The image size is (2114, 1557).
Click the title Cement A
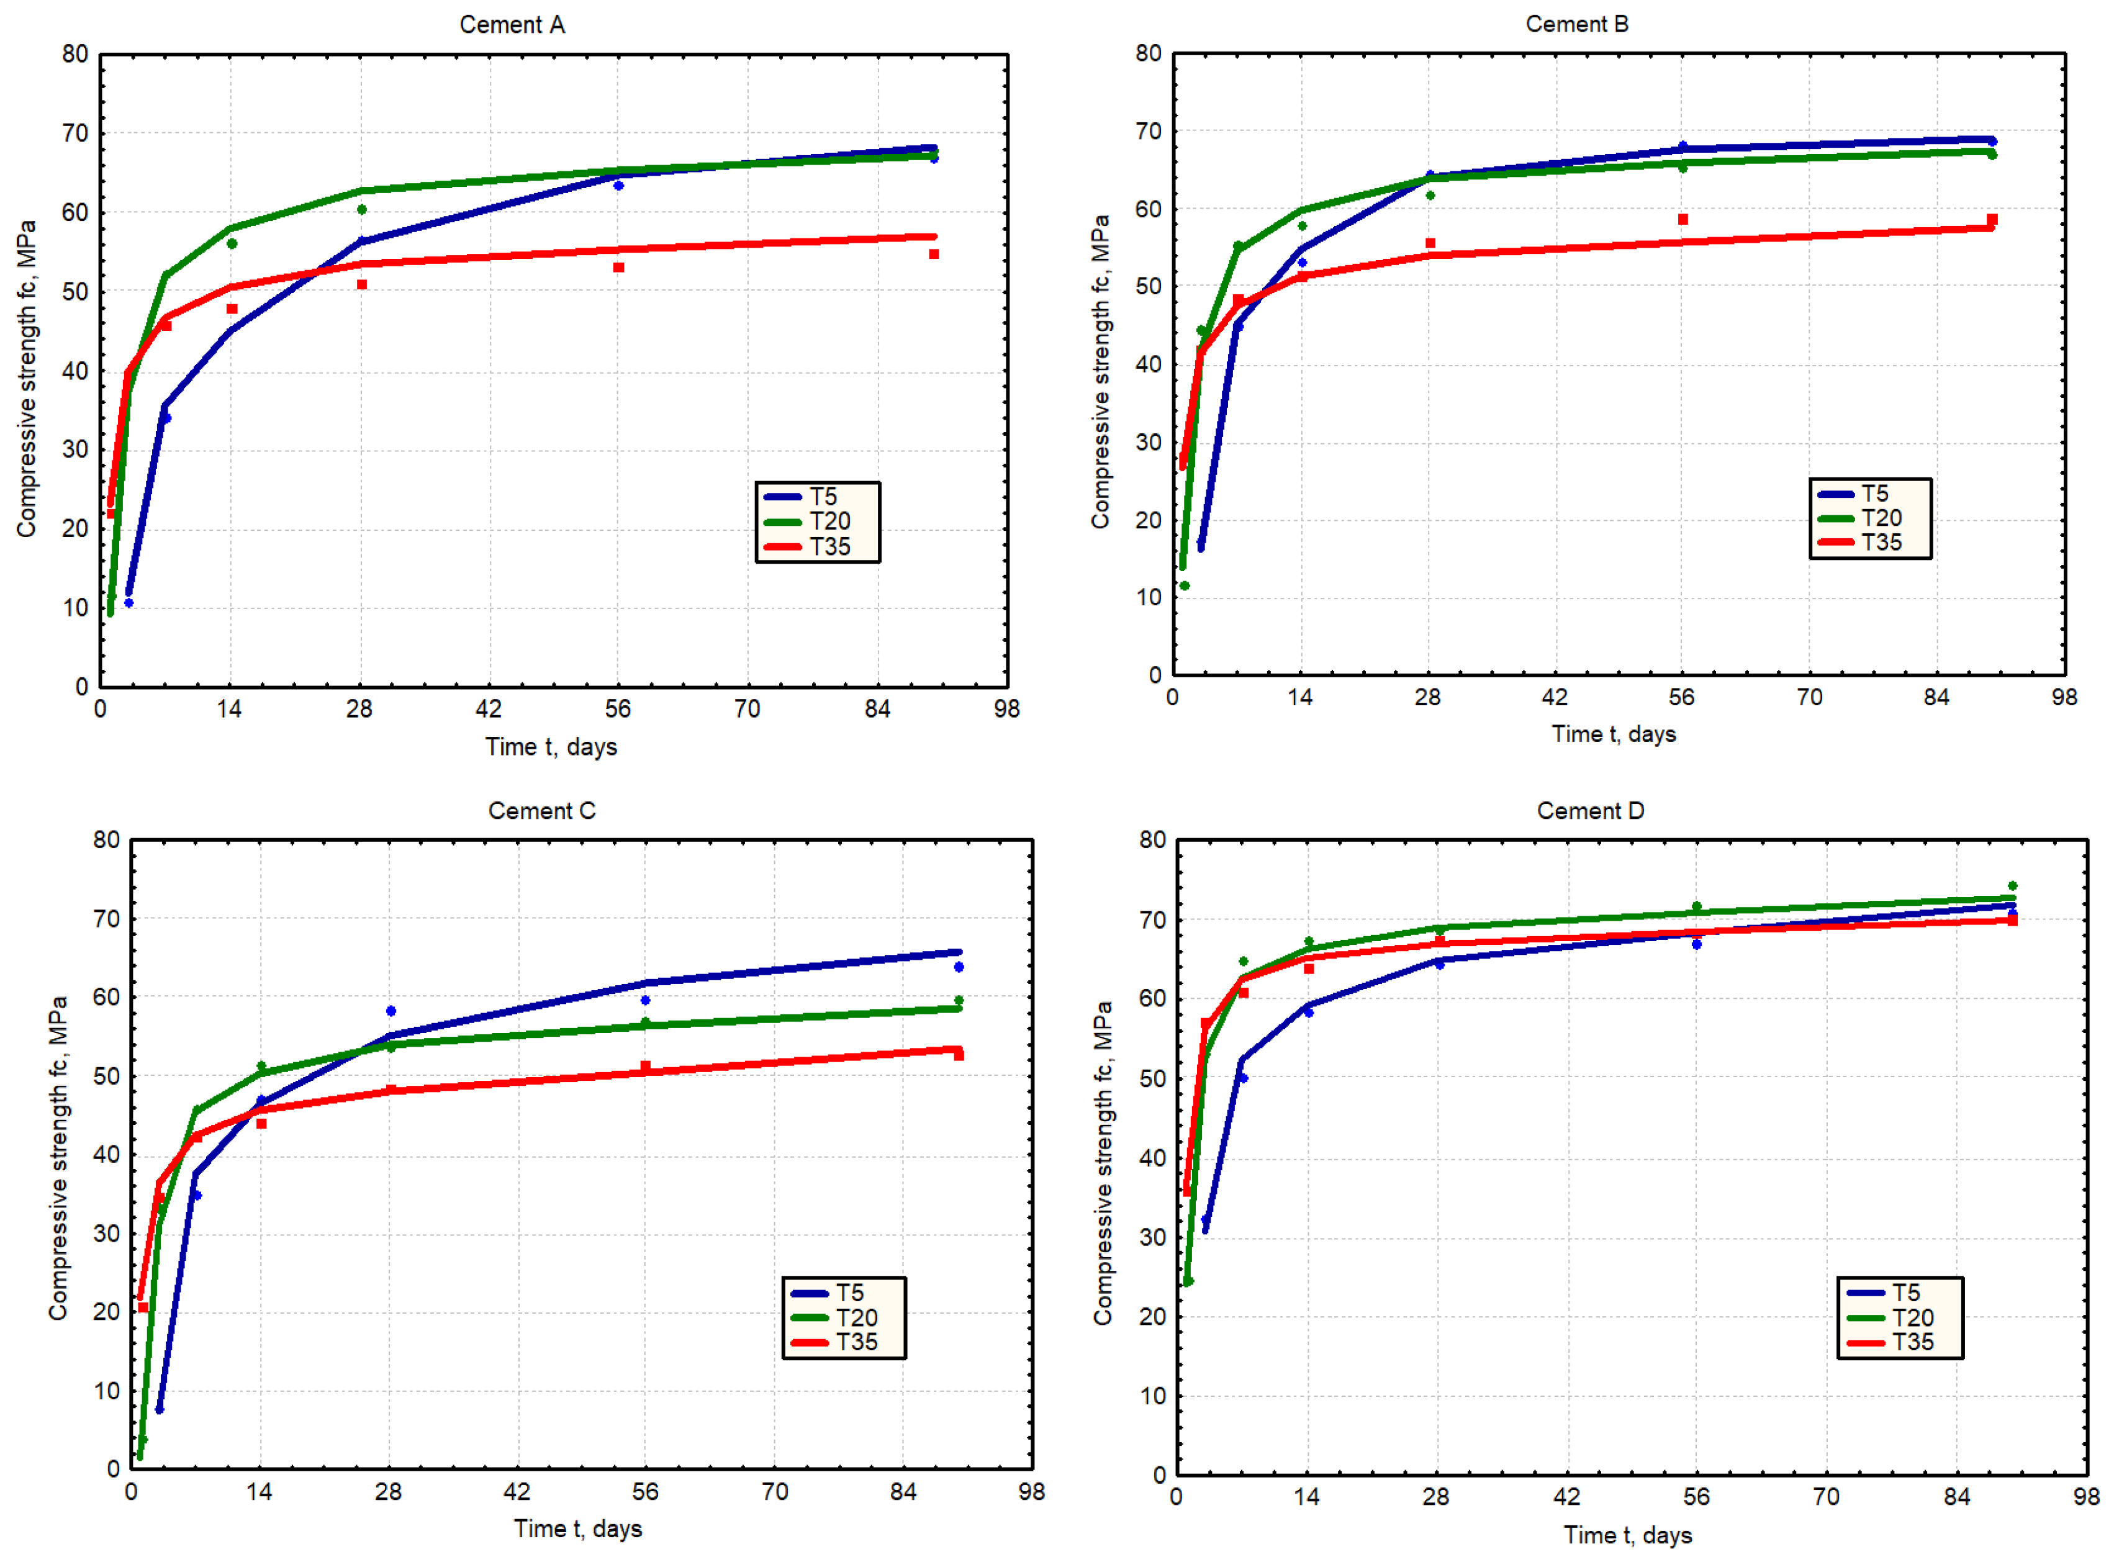[x=512, y=24]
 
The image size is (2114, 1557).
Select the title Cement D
[x=1590, y=811]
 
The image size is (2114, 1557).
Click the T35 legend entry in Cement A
[x=816, y=547]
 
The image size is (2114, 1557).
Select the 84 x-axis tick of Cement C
[x=903, y=1492]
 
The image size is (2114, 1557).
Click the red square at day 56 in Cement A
[x=618, y=268]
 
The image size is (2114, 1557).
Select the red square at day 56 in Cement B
[x=1683, y=220]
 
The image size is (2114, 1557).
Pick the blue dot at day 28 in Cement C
[x=391, y=1011]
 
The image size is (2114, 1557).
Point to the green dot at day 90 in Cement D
[x=2012, y=886]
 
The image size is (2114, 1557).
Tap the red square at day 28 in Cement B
[x=1430, y=243]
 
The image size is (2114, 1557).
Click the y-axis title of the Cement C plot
[x=58, y=1157]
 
